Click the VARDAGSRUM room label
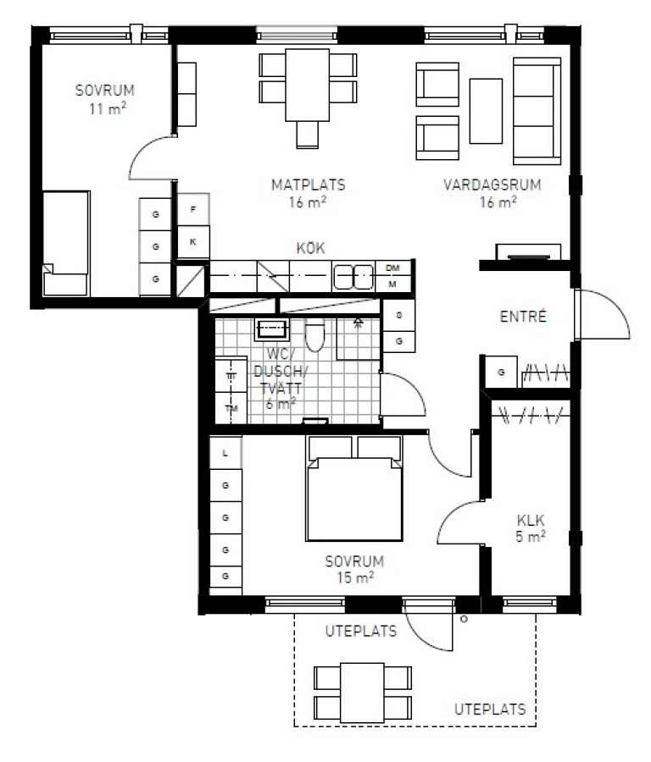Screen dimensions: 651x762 (492, 185)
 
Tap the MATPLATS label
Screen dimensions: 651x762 (308, 185)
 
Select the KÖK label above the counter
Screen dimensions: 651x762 (310, 248)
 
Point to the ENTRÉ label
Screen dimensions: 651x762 (523, 317)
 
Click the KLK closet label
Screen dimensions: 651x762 (531, 521)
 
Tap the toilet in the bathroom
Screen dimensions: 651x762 (314, 334)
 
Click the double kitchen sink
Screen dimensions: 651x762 (353, 277)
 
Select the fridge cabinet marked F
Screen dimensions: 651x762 (193, 209)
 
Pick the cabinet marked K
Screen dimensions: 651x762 (193, 241)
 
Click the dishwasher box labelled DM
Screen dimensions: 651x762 (392, 268)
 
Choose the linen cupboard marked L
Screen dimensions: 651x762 (225, 453)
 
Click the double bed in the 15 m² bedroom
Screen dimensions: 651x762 (354, 489)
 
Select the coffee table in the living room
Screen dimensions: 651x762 (486, 111)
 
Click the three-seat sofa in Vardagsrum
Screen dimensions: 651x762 (537, 111)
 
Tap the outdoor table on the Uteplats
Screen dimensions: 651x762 (363, 693)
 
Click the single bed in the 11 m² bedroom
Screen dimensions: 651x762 (65, 244)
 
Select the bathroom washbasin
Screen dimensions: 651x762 (272, 330)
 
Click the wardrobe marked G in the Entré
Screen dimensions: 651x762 (501, 372)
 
